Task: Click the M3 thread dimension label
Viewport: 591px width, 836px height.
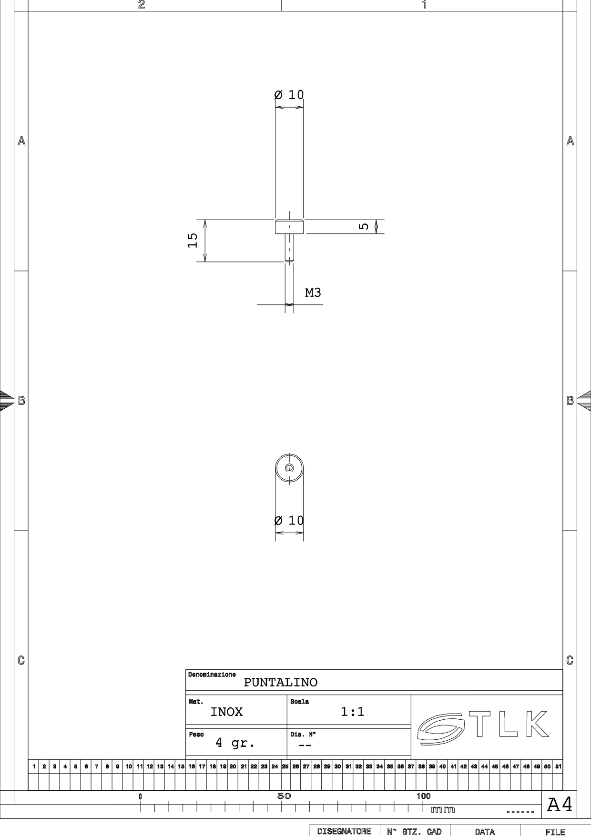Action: click(x=313, y=292)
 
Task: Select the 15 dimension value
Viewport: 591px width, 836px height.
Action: click(x=193, y=240)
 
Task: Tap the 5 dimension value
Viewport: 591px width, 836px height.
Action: click(x=364, y=226)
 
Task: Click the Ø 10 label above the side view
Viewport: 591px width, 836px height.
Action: click(x=289, y=94)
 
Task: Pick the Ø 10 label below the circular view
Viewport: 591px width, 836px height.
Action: click(x=289, y=520)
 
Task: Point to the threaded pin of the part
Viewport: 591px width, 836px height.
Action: click(x=289, y=248)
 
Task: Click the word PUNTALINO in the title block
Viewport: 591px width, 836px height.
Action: click(x=281, y=682)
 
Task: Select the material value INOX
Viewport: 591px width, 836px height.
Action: click(x=226, y=712)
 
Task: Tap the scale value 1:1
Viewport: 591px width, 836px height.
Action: click(x=353, y=712)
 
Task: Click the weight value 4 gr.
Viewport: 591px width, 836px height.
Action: click(x=235, y=743)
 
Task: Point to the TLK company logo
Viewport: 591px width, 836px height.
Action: click(x=482, y=727)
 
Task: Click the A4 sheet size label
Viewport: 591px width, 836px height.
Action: click(x=560, y=805)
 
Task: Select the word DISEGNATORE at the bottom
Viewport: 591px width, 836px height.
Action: click(x=344, y=832)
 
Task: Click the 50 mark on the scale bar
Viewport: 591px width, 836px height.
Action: click(x=284, y=796)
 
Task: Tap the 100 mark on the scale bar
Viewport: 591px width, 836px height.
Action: click(x=423, y=796)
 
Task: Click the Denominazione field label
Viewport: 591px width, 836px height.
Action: click(x=212, y=675)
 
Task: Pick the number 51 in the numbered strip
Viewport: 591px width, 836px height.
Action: click(x=558, y=766)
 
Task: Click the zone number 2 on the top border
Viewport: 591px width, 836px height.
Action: click(x=141, y=5)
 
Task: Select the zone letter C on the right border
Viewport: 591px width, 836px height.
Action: click(x=570, y=660)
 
